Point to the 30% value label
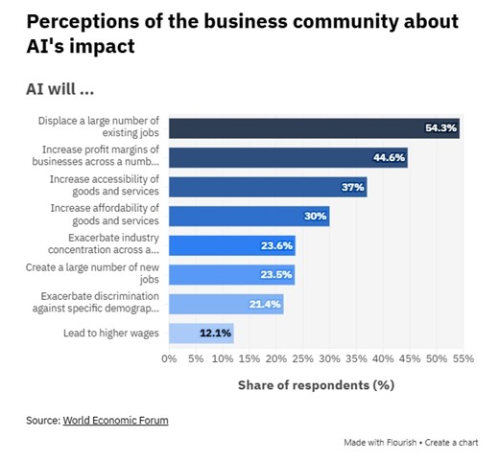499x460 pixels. point(316,217)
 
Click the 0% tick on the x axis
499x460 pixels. point(170,360)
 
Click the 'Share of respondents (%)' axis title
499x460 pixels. point(317,385)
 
